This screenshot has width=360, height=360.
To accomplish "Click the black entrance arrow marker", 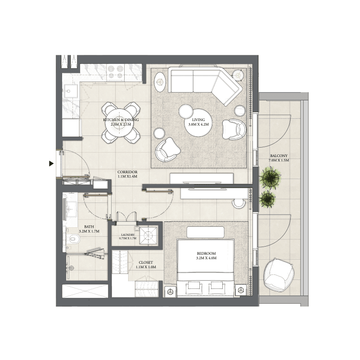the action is coord(51,164).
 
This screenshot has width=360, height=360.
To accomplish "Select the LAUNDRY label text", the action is coord(128,235).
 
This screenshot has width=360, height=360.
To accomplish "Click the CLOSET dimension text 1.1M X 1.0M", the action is coord(146,267).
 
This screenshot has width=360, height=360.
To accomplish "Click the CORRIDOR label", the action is coord(127,172).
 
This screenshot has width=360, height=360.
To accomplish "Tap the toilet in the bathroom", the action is coord(74,239).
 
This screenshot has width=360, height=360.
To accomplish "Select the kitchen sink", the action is coord(69,91).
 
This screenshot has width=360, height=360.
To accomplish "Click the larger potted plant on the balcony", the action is coord(271,177).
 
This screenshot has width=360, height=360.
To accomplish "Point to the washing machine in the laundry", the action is coord(148,235).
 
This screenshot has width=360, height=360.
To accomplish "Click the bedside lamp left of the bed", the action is coord(171,291).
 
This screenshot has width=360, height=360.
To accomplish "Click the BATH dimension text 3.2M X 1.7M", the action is coord(89,231).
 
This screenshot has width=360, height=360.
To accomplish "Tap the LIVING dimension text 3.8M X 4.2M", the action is coord(198,125).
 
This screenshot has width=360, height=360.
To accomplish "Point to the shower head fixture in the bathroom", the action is coord(71,268).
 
